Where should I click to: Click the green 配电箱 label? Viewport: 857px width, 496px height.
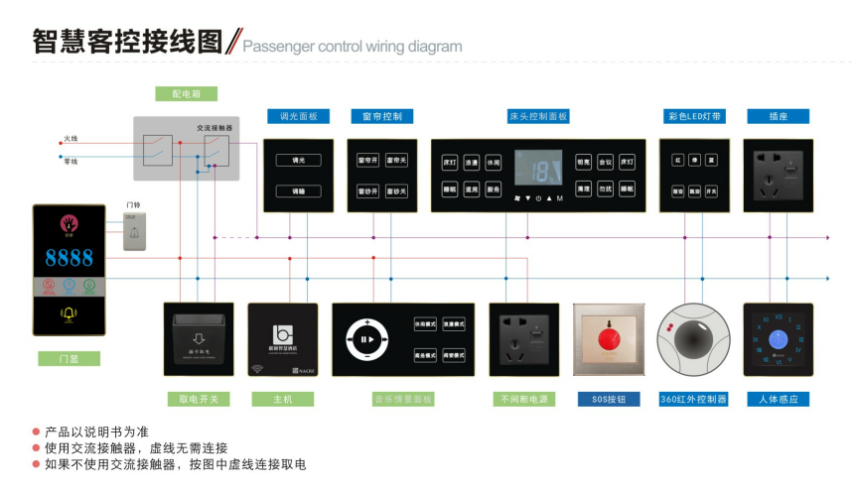pyautogui.click(x=187, y=93)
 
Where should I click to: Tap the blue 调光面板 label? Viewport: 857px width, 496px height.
pyautogui.click(x=298, y=116)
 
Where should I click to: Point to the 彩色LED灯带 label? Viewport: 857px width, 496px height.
pyautogui.click(x=694, y=116)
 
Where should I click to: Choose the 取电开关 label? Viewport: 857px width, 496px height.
pyautogui.click(x=199, y=399)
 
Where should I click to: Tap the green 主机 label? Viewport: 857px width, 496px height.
pyautogui.click(x=284, y=399)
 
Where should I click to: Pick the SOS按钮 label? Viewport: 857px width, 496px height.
pyautogui.click(x=608, y=399)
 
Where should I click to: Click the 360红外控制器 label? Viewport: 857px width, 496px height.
pyautogui.click(x=694, y=399)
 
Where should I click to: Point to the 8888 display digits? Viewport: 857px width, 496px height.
pyautogui.click(x=69, y=259)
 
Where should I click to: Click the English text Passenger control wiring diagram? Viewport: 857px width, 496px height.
pyautogui.click(x=353, y=46)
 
